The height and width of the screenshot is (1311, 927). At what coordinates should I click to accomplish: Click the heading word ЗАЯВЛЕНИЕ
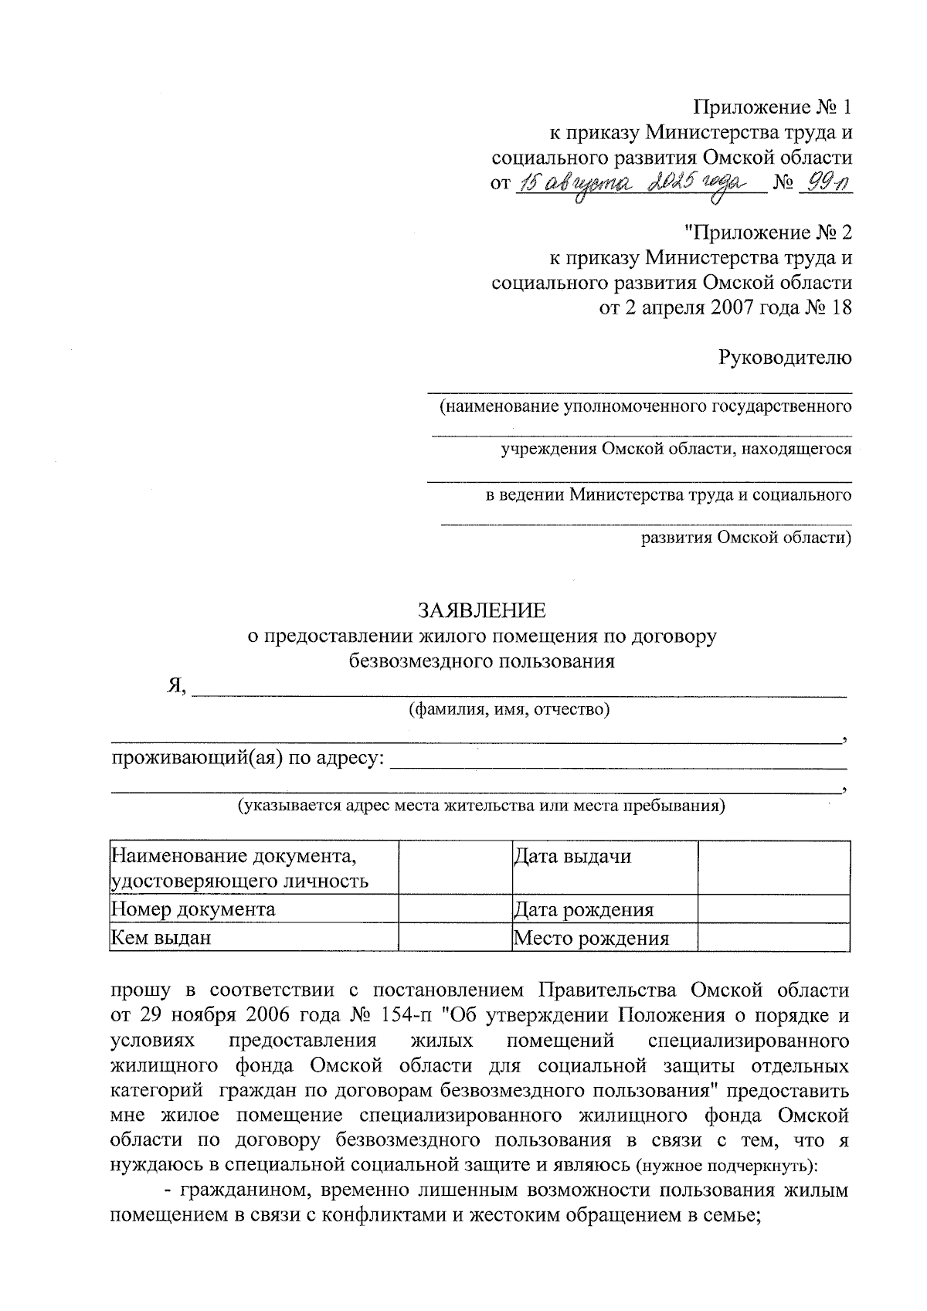coord(481,611)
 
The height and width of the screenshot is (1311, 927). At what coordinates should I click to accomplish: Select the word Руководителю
coord(785,358)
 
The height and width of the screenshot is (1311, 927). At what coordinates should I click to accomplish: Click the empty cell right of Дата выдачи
coord(772,868)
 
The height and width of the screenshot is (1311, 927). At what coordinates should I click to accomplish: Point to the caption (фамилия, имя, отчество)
coord(509,709)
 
